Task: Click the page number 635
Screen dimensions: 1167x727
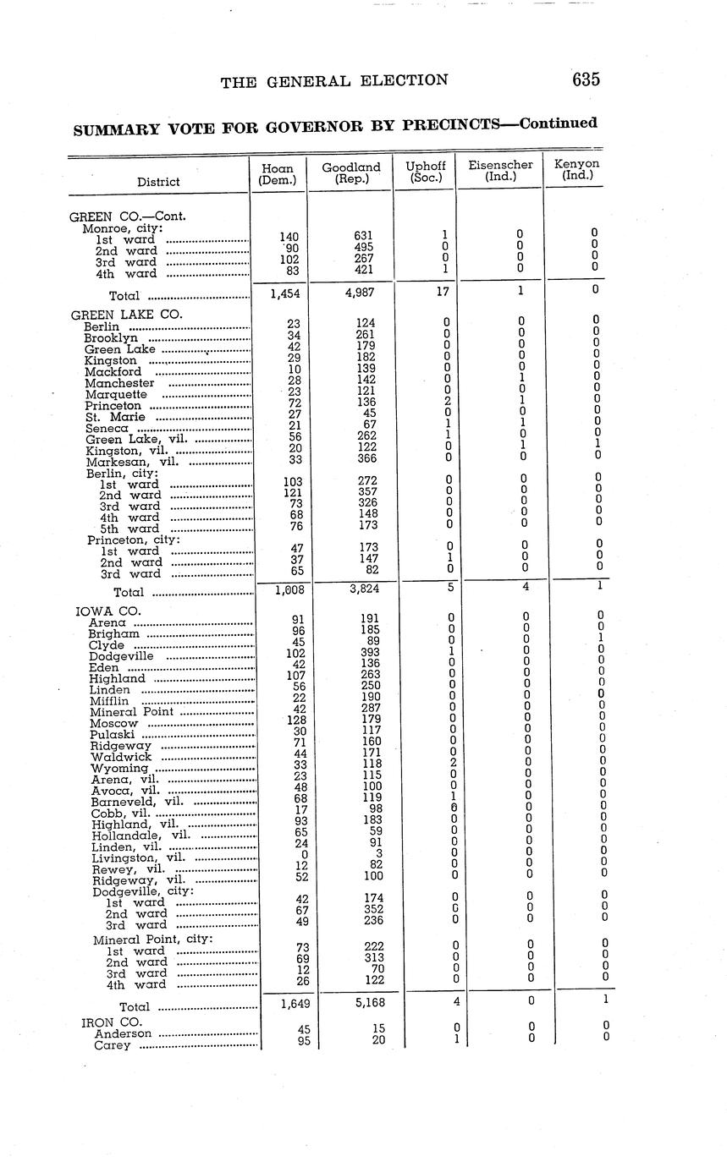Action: (x=586, y=79)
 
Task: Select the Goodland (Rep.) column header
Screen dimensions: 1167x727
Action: (x=351, y=173)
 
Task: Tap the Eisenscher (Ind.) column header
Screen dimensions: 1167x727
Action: (x=500, y=171)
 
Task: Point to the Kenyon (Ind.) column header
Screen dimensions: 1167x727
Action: (x=577, y=169)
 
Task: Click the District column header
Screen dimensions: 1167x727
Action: (x=158, y=182)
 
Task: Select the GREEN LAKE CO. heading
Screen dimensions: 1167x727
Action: (x=126, y=314)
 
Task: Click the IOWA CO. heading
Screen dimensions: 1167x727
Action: (x=108, y=611)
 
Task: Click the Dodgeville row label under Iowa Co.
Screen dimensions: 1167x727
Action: (x=121, y=656)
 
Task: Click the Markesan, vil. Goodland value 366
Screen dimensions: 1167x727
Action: (x=366, y=458)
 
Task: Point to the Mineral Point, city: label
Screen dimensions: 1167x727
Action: (x=152, y=940)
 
